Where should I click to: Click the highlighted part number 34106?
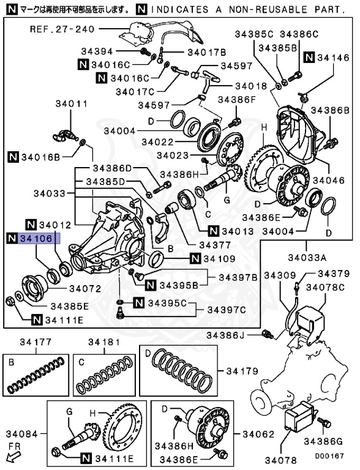(x=36, y=239)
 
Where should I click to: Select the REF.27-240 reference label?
(x=62, y=29)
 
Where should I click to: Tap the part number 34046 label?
(x=329, y=180)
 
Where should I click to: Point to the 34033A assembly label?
(x=307, y=258)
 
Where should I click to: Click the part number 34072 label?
(x=85, y=289)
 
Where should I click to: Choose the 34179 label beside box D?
(x=242, y=371)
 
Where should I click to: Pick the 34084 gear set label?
(x=22, y=434)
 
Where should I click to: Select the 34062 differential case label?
(x=258, y=434)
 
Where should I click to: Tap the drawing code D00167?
(x=329, y=456)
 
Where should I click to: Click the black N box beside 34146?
(x=309, y=57)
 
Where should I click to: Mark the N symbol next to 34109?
(x=195, y=258)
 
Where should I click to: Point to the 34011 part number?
(x=72, y=103)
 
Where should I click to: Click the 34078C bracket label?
(x=326, y=288)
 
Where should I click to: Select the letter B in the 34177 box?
(x=12, y=362)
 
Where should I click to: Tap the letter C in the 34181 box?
(x=81, y=362)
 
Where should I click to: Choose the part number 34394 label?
(x=97, y=51)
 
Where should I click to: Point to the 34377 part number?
(x=215, y=245)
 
